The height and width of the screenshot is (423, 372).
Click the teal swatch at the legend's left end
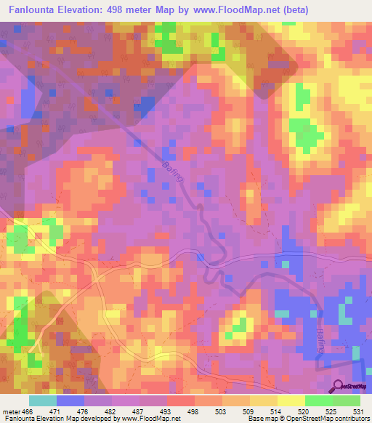[x=42, y=401]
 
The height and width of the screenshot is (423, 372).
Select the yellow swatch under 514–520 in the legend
[x=291, y=401]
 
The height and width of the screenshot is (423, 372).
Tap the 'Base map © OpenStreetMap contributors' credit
[x=308, y=418]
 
